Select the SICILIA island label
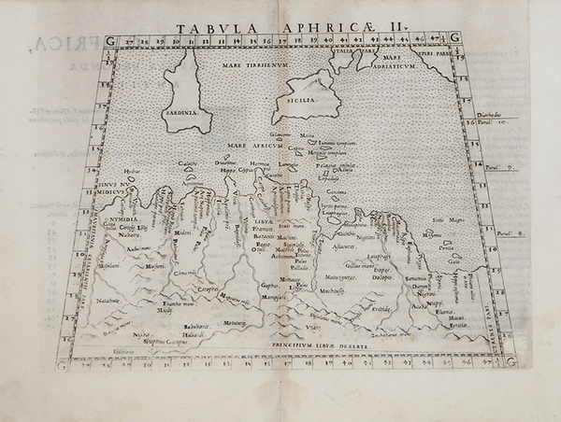pos(304,97)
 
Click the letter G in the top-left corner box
pos(110,39)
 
